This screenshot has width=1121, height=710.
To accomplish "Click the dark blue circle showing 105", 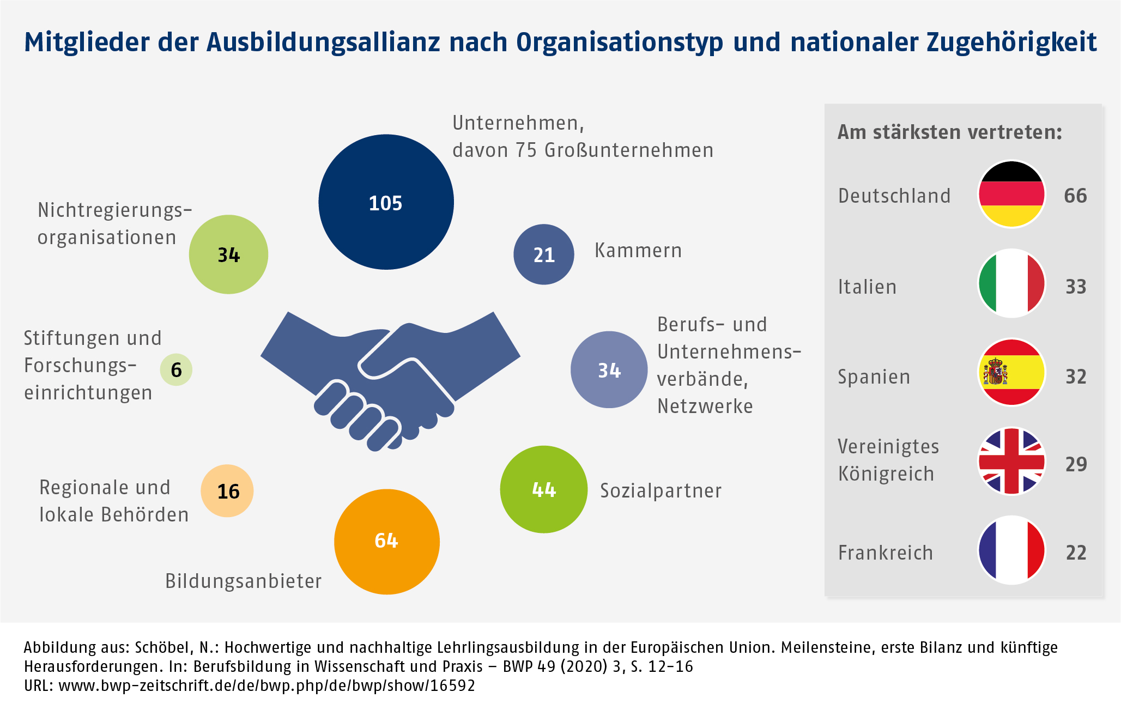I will click(x=386, y=202).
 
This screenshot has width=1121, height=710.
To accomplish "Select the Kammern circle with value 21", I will click(x=543, y=254).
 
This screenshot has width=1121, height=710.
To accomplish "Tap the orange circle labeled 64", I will click(x=386, y=541).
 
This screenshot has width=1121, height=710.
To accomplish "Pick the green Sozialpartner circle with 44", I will click(x=543, y=489).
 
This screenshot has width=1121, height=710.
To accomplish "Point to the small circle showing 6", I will click(x=176, y=370).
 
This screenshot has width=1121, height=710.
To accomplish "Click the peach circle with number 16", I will click(x=227, y=491).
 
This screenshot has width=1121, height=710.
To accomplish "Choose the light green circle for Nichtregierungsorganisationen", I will click(x=228, y=254).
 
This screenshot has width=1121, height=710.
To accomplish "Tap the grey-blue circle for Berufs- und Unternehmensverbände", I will click(x=609, y=370).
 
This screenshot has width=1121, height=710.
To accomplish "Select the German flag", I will click(x=1011, y=195).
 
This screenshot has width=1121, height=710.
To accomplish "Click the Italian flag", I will click(x=1011, y=283).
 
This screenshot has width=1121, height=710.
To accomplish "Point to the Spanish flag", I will click(x=1011, y=372).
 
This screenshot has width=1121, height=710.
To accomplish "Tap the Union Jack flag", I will click(x=1011, y=462).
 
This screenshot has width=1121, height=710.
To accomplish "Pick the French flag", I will click(x=1011, y=550).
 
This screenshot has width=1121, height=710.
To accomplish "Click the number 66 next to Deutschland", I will click(x=1075, y=196).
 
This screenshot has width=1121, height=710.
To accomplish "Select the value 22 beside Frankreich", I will click(x=1076, y=553).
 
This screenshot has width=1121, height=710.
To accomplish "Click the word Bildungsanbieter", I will click(x=243, y=581).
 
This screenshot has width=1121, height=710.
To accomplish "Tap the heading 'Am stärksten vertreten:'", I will click(x=949, y=132).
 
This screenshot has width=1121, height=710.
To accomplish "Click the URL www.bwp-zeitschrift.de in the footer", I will click(x=266, y=685).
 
